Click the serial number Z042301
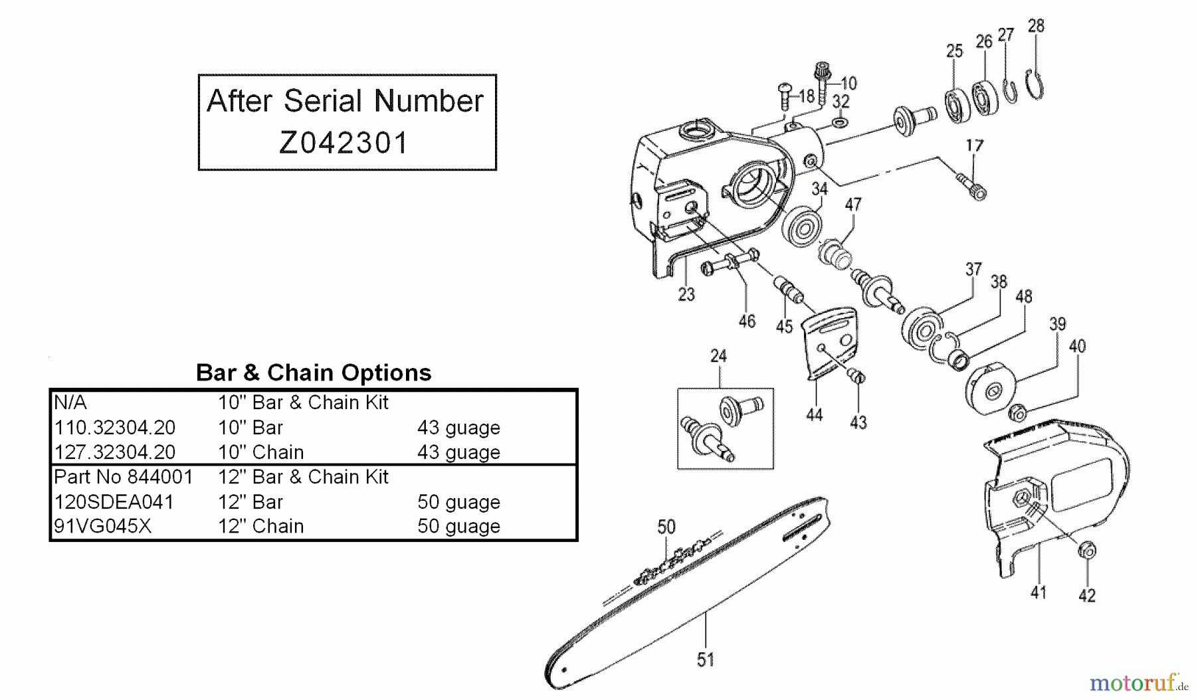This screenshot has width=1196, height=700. (x=344, y=142)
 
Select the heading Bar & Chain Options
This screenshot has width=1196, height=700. (x=314, y=373)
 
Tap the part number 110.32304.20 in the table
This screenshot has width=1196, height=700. (x=114, y=427)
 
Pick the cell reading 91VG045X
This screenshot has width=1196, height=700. (x=102, y=526)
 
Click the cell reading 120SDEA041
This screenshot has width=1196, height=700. (x=114, y=501)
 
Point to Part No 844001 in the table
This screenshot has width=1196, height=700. (x=123, y=477)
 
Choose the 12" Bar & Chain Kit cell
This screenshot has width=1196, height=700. (x=303, y=477)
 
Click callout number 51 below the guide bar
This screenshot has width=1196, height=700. (x=705, y=659)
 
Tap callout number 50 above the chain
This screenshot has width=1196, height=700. (x=666, y=527)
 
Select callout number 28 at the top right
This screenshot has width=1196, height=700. (x=1036, y=26)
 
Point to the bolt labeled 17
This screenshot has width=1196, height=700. (x=971, y=185)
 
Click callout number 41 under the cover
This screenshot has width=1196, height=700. (x=1038, y=592)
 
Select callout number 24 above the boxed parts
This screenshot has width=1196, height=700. (x=718, y=356)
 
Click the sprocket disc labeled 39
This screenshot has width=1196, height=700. (x=990, y=391)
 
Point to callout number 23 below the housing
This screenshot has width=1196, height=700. (x=686, y=294)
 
